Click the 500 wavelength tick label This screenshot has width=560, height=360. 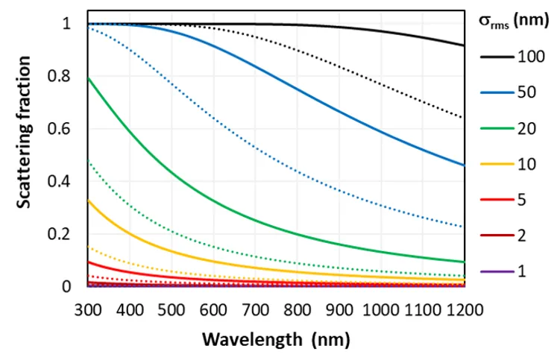(x=172, y=308)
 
